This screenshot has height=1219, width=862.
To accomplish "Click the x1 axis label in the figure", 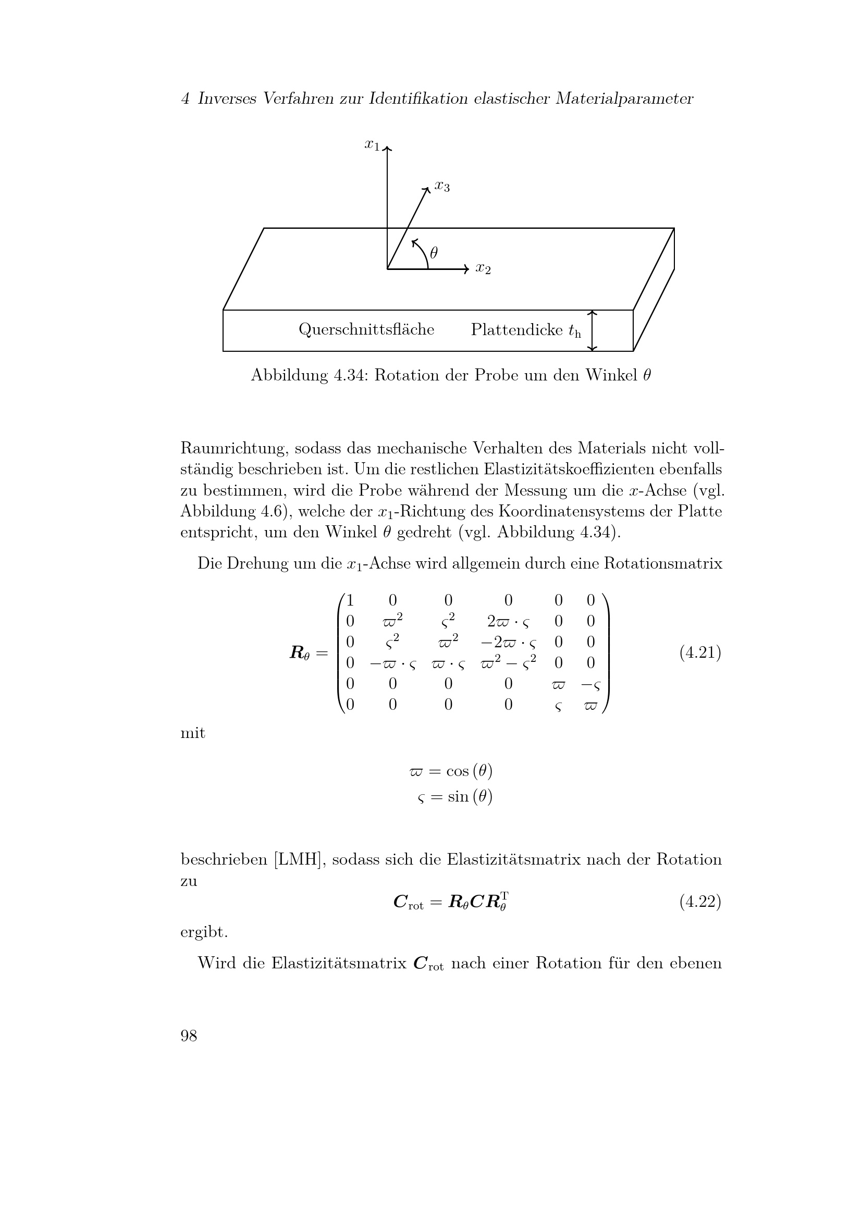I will [x=372, y=144].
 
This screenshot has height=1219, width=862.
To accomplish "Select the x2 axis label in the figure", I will [x=483, y=268].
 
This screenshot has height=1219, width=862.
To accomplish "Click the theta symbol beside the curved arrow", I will [x=434, y=253].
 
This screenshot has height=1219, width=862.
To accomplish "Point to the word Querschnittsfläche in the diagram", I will [x=366, y=330].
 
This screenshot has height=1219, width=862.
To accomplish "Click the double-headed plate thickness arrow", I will [x=593, y=330].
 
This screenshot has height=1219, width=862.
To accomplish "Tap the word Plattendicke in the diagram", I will [x=516, y=330].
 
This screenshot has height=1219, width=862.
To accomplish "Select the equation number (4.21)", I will [x=699, y=652].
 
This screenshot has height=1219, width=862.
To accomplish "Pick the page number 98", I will [x=189, y=1036].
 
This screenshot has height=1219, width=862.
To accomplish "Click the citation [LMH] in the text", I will [x=299, y=859].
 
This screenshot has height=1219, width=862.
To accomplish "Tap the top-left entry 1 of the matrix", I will [x=350, y=600].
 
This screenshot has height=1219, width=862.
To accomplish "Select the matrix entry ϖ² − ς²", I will [x=508, y=662].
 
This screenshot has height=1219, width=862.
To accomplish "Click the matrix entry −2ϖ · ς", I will [x=508, y=642].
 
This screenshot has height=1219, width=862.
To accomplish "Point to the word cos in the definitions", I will [x=457, y=771].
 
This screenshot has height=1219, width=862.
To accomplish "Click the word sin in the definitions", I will [x=458, y=796].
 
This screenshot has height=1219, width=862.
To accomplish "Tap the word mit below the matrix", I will [x=193, y=733].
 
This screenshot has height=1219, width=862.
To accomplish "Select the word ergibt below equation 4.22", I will [x=204, y=932].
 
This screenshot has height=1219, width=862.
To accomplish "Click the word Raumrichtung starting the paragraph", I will [x=233, y=449].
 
